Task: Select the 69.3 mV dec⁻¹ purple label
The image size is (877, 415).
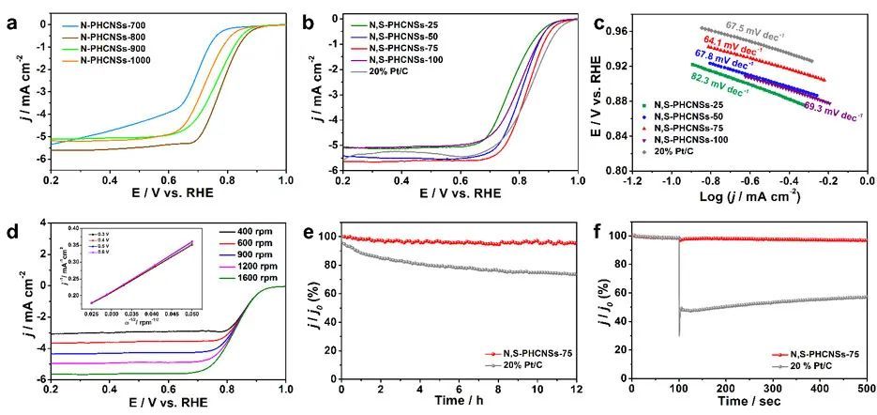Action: point(833,115)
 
